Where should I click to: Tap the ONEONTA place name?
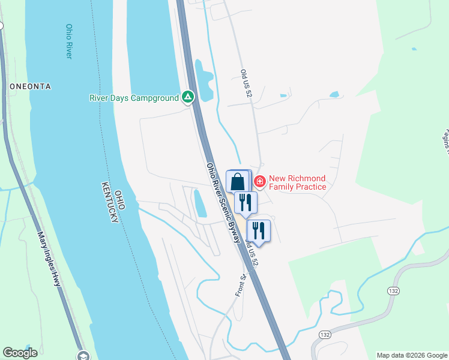[x=30, y=86]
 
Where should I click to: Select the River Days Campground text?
[x=134, y=98]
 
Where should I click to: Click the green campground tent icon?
[x=188, y=97]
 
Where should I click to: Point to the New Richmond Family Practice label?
[x=297, y=182]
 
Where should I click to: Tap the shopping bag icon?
[x=238, y=181]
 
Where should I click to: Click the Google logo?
[x=20, y=353]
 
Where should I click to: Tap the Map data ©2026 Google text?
[x=412, y=355]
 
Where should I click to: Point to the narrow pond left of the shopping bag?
[x=200, y=204]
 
